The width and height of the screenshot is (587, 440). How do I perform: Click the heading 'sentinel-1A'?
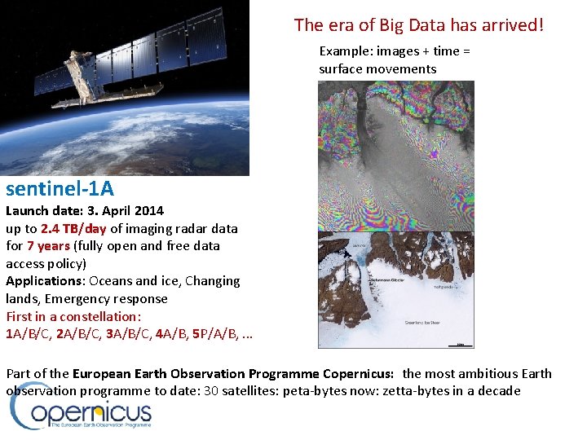point(60,189)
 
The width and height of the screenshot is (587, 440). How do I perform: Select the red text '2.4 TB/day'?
point(73,228)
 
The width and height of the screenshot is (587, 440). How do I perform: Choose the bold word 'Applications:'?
point(46,281)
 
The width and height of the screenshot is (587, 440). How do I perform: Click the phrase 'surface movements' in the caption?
point(377,68)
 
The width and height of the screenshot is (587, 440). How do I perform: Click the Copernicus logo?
point(82,415)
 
